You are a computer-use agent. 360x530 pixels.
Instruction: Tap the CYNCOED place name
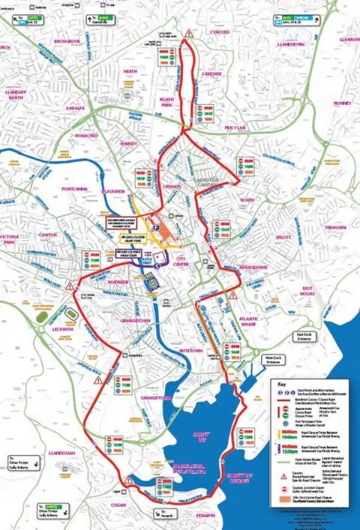(220, 33)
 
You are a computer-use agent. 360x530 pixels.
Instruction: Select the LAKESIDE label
(211, 75)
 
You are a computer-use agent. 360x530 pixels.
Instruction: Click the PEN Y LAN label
(240, 128)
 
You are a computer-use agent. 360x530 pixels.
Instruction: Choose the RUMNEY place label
(342, 103)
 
